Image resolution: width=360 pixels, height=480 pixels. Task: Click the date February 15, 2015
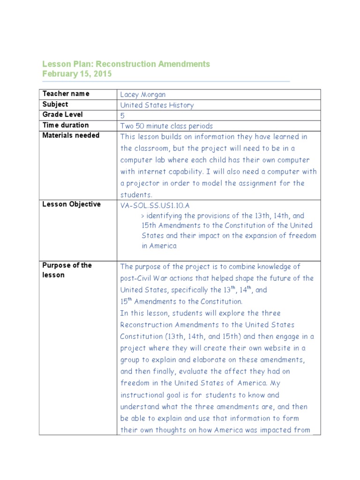[77, 74]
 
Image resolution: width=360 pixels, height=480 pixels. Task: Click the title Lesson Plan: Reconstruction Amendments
[126, 64]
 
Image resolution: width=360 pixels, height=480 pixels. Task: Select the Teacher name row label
[66, 94]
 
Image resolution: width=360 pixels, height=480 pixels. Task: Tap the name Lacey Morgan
[143, 94]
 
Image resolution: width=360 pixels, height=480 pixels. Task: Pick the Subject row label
[55, 104]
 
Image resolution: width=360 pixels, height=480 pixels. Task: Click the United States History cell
[157, 105]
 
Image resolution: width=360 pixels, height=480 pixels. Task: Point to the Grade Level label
[62, 115]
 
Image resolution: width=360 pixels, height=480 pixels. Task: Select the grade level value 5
[123, 115]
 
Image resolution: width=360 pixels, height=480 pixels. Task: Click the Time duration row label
[65, 125]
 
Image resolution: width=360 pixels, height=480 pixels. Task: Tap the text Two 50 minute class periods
[166, 126]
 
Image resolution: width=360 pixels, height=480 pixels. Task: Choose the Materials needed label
[71, 135]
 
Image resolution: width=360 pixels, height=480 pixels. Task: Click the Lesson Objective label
[71, 204]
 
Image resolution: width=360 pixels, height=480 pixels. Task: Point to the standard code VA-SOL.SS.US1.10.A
[155, 205]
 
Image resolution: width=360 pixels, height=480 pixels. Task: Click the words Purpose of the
[67, 265]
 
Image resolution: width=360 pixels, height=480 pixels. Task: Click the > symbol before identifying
[142, 216]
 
